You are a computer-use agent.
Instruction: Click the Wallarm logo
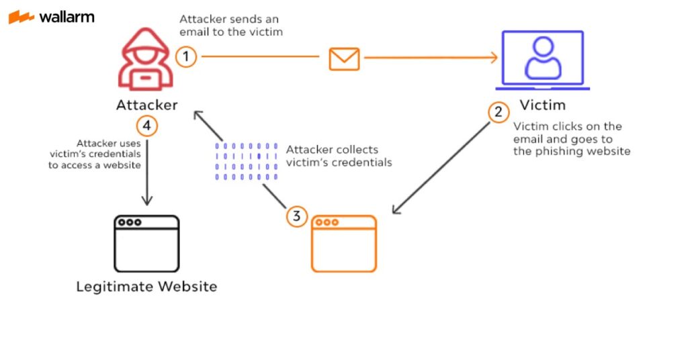51,17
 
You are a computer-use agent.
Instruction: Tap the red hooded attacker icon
146,59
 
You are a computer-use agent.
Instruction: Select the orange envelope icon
345,58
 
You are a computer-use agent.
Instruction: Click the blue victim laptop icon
543,60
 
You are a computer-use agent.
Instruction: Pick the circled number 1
186,56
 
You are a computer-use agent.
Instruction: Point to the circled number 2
499,112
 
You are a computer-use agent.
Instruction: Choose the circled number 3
296,216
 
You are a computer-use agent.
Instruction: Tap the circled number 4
146,126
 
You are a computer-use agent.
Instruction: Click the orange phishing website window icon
344,243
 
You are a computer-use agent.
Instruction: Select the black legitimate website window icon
146,243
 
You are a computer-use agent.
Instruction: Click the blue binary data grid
246,161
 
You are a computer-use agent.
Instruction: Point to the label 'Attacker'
147,105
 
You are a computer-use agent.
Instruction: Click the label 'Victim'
543,105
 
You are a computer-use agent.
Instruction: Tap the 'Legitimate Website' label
146,286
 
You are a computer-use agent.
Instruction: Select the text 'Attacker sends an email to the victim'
231,26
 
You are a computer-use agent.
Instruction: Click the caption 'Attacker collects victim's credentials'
339,156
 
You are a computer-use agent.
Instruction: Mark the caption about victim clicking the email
572,138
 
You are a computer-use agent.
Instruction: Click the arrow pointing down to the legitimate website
147,173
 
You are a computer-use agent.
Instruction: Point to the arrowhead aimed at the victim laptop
494,58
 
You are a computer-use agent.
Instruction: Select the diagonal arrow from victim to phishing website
441,168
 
